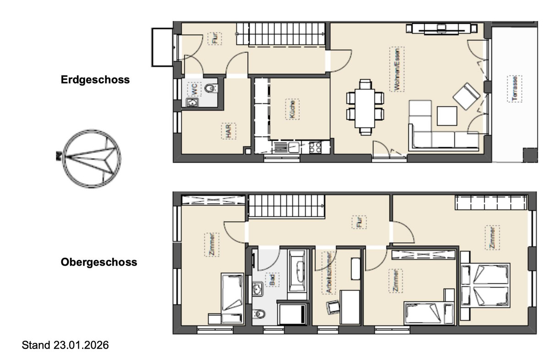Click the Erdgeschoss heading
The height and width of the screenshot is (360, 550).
pyautogui.click(x=95, y=80)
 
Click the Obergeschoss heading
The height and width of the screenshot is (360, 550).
pyautogui.click(x=99, y=262)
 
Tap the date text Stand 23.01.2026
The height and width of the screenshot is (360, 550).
pyautogui.click(x=65, y=345)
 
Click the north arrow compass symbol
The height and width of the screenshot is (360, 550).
pyautogui.click(x=91, y=159)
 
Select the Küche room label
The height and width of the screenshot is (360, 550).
pyautogui.click(x=292, y=109)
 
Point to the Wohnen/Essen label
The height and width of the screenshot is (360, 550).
pyautogui.click(x=397, y=69)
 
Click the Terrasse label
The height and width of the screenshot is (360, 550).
pyautogui.click(x=515, y=89)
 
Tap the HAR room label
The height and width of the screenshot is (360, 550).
pyautogui.click(x=228, y=131)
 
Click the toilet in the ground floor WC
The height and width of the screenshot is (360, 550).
pyautogui.click(x=211, y=88)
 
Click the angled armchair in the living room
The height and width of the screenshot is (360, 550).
pyautogui.click(x=466, y=96)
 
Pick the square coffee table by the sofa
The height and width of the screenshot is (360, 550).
pyautogui.click(x=447, y=116)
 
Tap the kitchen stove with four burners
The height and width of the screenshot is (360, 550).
pyautogui.click(x=315, y=148)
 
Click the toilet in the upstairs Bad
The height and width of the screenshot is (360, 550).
pyautogui.click(x=259, y=314)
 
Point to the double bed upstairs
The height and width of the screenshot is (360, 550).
pyautogui.click(x=485, y=286)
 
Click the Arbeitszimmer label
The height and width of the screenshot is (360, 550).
pyautogui.click(x=329, y=273)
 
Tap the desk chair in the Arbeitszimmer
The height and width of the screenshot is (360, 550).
pyautogui.click(x=333, y=307)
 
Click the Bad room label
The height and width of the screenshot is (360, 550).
pyautogui.click(x=272, y=280)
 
